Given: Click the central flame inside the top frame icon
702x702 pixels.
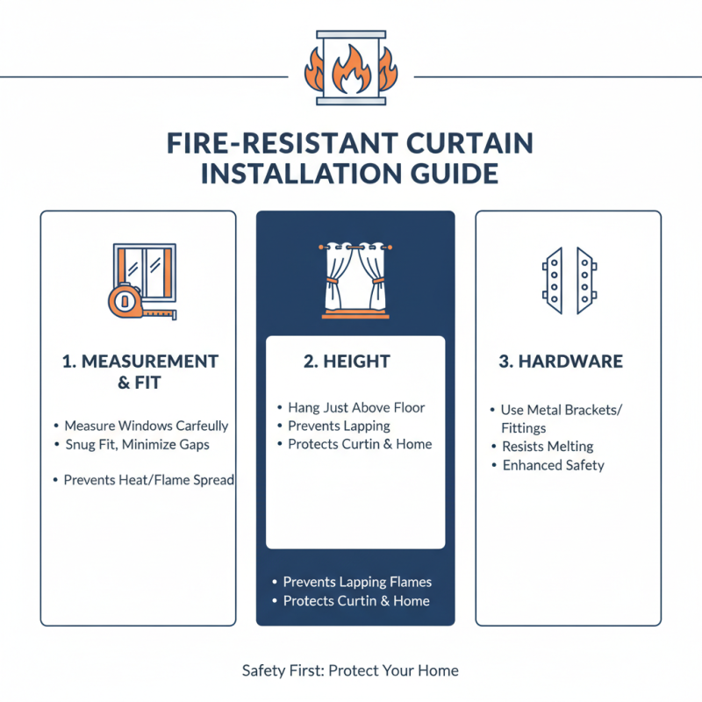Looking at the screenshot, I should pos(350,77).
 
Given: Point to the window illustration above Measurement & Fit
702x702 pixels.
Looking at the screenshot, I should pos(146,271).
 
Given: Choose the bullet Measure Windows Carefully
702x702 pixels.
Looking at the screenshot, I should pos(146,426).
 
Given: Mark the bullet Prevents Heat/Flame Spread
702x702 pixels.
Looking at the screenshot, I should pos(148,480).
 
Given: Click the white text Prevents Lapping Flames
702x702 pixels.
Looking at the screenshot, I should pos(357,582).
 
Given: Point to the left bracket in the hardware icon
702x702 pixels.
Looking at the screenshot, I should pos(553,281).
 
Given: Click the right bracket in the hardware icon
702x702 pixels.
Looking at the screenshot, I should pos(585,281).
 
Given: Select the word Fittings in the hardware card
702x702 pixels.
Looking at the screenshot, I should pos(524,428).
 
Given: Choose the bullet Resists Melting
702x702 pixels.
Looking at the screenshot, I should pos(548,447).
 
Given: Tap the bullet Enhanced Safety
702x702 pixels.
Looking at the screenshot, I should pos(553,465).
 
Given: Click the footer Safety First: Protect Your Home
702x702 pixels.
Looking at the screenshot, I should pos(350,670).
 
